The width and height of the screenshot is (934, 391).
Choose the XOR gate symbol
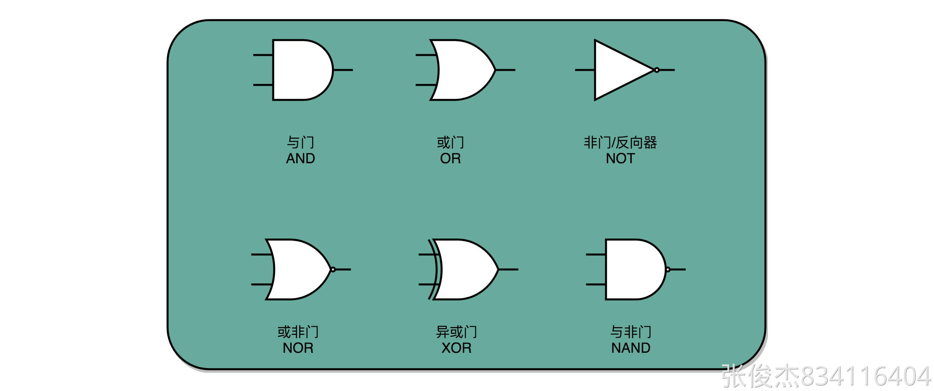pos(464,269)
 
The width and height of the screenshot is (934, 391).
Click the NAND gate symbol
pos(634,269)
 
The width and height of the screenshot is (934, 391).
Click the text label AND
pos(300,159)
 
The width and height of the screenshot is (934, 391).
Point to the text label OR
pos(450,159)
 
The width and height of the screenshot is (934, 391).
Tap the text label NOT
pos(620,159)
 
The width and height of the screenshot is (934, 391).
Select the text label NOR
pos(298,348)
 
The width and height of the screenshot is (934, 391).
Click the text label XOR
pos(456,348)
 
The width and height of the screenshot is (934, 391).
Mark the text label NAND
pos(630,348)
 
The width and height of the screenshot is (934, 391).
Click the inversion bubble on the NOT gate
pos(657,70)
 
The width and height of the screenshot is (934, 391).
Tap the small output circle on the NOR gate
pos(333,269)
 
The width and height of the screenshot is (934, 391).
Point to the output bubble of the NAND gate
pos(668,269)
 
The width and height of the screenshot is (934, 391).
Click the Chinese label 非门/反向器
pos(620,143)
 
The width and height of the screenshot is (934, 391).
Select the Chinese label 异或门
pos(456,332)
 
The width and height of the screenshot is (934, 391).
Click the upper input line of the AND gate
pos(263,55)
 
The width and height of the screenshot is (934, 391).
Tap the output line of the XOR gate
pos(508,269)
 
